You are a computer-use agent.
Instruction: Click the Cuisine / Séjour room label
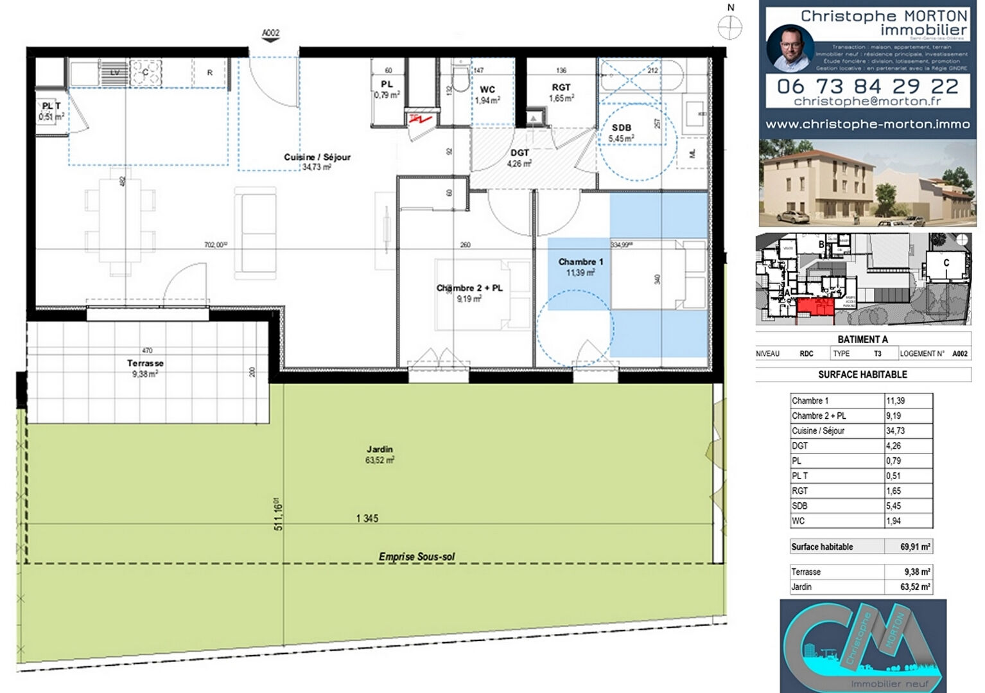[x=317, y=157]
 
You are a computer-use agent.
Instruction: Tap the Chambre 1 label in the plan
[x=580, y=262]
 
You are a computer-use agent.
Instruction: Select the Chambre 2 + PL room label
[x=469, y=288]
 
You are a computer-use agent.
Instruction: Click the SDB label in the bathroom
[x=621, y=128]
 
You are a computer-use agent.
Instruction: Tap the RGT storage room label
[x=561, y=87]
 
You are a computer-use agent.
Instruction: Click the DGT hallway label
[x=519, y=153]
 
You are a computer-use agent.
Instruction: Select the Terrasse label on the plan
[x=145, y=364]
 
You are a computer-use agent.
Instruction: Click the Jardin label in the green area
[x=379, y=450]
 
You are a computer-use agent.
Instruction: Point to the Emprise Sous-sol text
[x=417, y=557]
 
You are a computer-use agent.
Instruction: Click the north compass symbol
[x=730, y=27]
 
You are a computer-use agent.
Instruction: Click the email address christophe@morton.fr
[x=867, y=101]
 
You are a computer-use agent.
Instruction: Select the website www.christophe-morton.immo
[x=867, y=125]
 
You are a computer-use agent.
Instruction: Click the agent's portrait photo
[x=790, y=48]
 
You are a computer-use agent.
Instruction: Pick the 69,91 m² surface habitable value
[x=915, y=547]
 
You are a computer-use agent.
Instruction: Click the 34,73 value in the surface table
[x=896, y=431]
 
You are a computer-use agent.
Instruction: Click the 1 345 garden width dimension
[x=367, y=518]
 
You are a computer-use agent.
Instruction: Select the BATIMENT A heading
[x=862, y=340]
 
